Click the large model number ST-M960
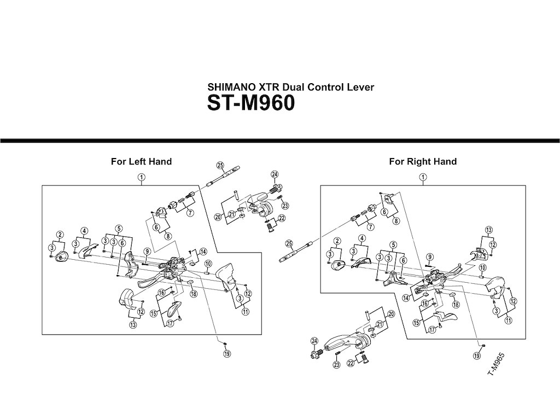point(251,103)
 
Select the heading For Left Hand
point(141,161)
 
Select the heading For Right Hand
point(423,161)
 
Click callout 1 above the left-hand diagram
point(141,177)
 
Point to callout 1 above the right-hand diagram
point(422,177)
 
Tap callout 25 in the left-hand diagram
point(220,165)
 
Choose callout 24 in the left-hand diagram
point(275,175)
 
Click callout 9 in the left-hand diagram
point(147,252)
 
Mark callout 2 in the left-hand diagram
point(60,235)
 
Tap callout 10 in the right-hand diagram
point(482,267)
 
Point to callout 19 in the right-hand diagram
point(476,356)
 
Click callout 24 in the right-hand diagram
point(314,341)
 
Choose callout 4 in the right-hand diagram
point(362,238)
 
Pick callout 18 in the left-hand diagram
point(194,294)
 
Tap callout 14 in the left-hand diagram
point(203,252)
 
